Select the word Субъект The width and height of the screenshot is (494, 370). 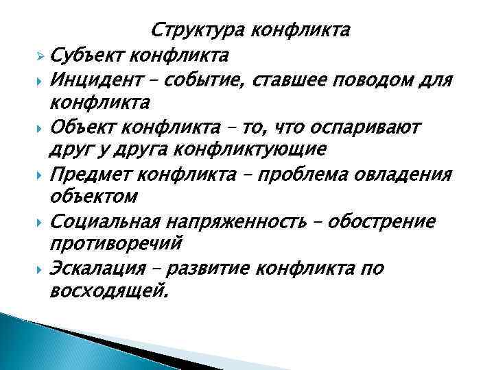(x=88, y=54)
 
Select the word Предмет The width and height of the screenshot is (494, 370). (x=92, y=175)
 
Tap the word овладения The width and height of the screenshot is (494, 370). (x=399, y=175)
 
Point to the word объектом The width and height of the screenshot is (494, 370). (x=94, y=198)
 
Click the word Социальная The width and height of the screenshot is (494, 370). (x=109, y=223)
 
